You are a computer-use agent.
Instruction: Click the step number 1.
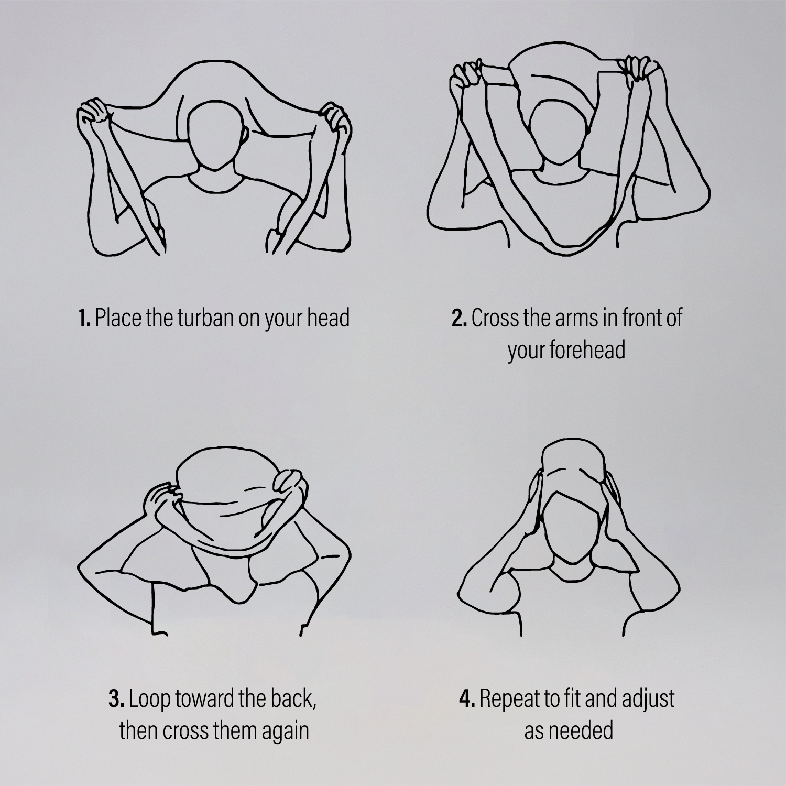(x=84, y=319)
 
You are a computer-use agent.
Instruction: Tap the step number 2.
(x=459, y=319)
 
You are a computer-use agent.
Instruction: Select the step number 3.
(x=116, y=700)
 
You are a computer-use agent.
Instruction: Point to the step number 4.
(x=467, y=700)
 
